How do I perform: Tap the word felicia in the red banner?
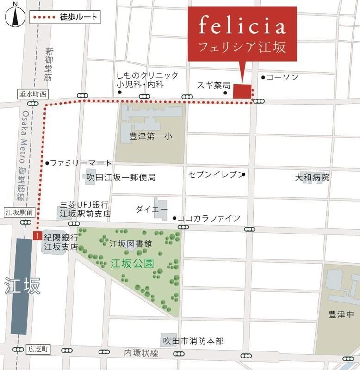tap(242, 26)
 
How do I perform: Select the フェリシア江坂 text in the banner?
tap(242, 47)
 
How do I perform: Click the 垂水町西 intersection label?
tap(34, 94)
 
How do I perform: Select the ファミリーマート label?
tap(81, 163)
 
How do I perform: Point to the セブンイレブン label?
tap(215, 174)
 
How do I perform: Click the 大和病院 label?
tap(312, 177)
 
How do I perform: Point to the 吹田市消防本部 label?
tap(193, 341)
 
